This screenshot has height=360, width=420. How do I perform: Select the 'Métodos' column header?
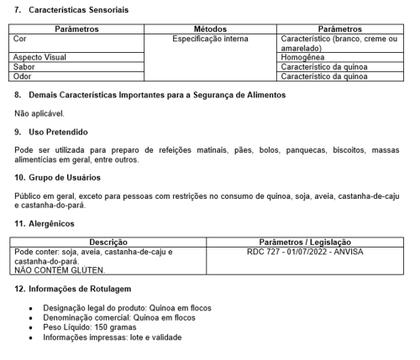[x=210, y=29]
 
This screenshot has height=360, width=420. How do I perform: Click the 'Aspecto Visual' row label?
[x=41, y=58]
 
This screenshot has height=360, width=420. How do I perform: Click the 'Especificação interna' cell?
[x=211, y=39]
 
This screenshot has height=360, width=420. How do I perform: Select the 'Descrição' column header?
[x=108, y=242]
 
